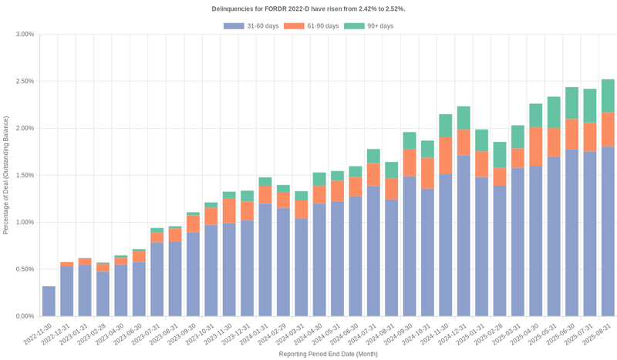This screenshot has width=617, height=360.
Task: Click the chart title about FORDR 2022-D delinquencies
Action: tap(308, 8)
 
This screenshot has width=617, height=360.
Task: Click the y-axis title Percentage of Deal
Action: tap(6, 175)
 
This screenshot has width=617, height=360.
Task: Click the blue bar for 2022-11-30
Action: tap(49, 301)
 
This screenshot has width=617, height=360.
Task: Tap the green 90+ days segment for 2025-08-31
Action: tap(608, 96)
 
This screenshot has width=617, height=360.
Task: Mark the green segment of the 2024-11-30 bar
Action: tap(445, 126)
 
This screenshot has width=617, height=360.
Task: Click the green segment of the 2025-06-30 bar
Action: tap(571, 103)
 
